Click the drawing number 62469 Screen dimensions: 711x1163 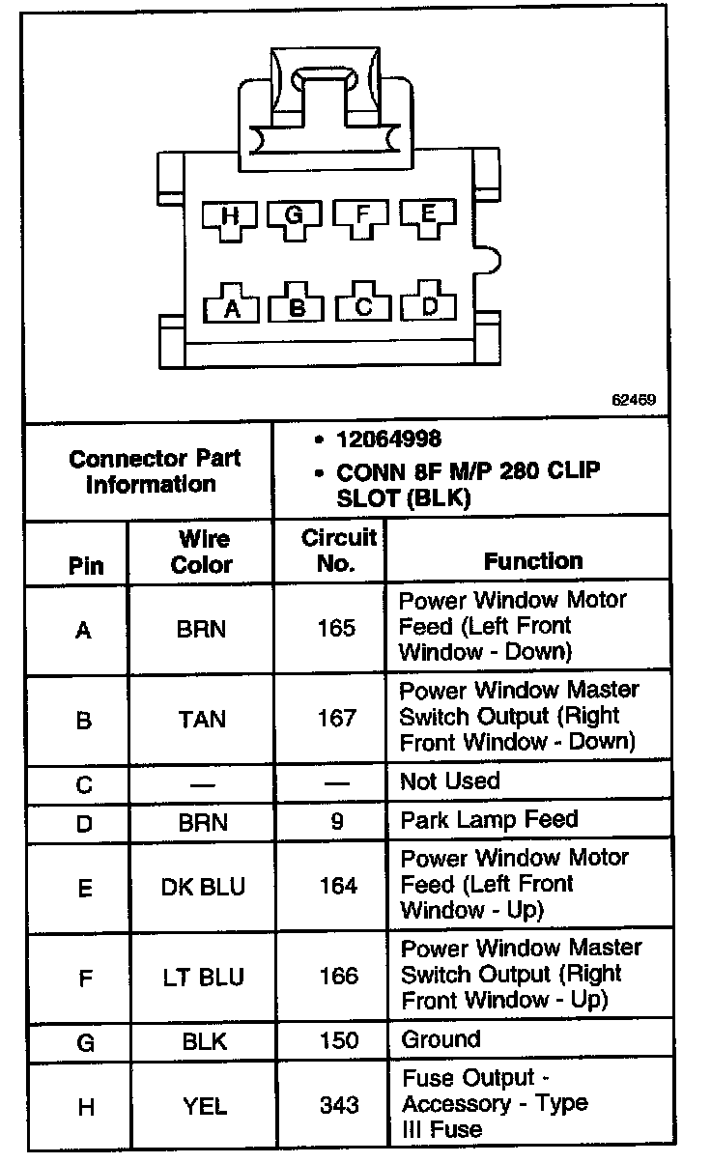[x=634, y=399]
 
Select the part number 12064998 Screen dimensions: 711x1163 [x=388, y=440]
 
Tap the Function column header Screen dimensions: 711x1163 [x=533, y=561]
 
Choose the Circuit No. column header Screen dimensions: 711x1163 [x=337, y=551]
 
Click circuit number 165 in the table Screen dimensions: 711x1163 [x=337, y=629]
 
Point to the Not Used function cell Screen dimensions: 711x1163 [x=450, y=781]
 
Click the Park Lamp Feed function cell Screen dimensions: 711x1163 [x=489, y=820]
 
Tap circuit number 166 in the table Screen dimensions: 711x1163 [x=337, y=977]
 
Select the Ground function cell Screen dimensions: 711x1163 [x=440, y=1040]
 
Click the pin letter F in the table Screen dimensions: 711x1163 [x=85, y=977]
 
